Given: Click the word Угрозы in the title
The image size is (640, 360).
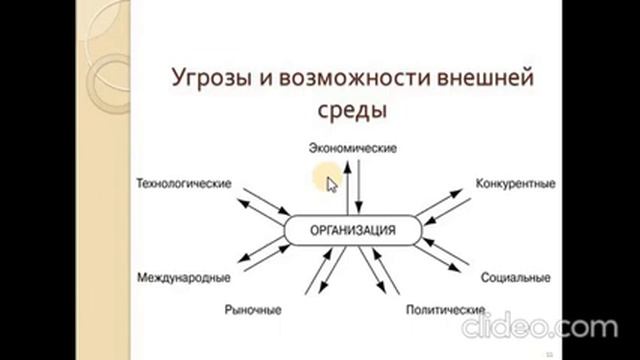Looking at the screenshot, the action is pyautogui.click(x=211, y=78).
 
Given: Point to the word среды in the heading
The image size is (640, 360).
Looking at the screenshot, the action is pyautogui.click(x=352, y=109).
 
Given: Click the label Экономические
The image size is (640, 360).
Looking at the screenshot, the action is pyautogui.click(x=353, y=148).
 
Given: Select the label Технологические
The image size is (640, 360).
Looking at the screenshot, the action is pyautogui.click(x=184, y=184).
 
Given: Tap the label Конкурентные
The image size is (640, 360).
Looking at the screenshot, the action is pyautogui.click(x=516, y=184).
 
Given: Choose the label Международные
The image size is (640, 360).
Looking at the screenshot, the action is pyautogui.click(x=184, y=278).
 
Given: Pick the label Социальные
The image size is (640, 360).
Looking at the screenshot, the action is pyautogui.click(x=516, y=278).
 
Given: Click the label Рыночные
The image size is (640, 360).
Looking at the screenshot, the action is pyautogui.click(x=253, y=310).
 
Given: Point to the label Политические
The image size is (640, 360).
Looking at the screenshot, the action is pyautogui.click(x=445, y=310).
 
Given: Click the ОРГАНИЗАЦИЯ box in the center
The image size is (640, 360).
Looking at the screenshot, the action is pyautogui.click(x=353, y=230).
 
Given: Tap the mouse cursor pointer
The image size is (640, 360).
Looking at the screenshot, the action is pyautogui.click(x=332, y=184).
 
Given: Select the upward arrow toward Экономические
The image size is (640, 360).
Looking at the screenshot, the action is pyautogui.click(x=348, y=187).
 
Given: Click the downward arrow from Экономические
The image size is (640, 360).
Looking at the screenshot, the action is pyautogui.click(x=359, y=187).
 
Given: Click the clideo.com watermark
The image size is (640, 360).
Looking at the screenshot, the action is pyautogui.click(x=540, y=325).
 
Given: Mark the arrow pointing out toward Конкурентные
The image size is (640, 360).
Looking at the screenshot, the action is pyautogui.click(x=439, y=202).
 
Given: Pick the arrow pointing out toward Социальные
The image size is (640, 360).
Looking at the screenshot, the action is pyautogui.click(x=438, y=258).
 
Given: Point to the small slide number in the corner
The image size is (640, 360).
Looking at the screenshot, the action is pyautogui.click(x=549, y=355).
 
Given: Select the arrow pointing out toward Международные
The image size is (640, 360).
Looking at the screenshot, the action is pyautogui.click(x=261, y=249).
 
